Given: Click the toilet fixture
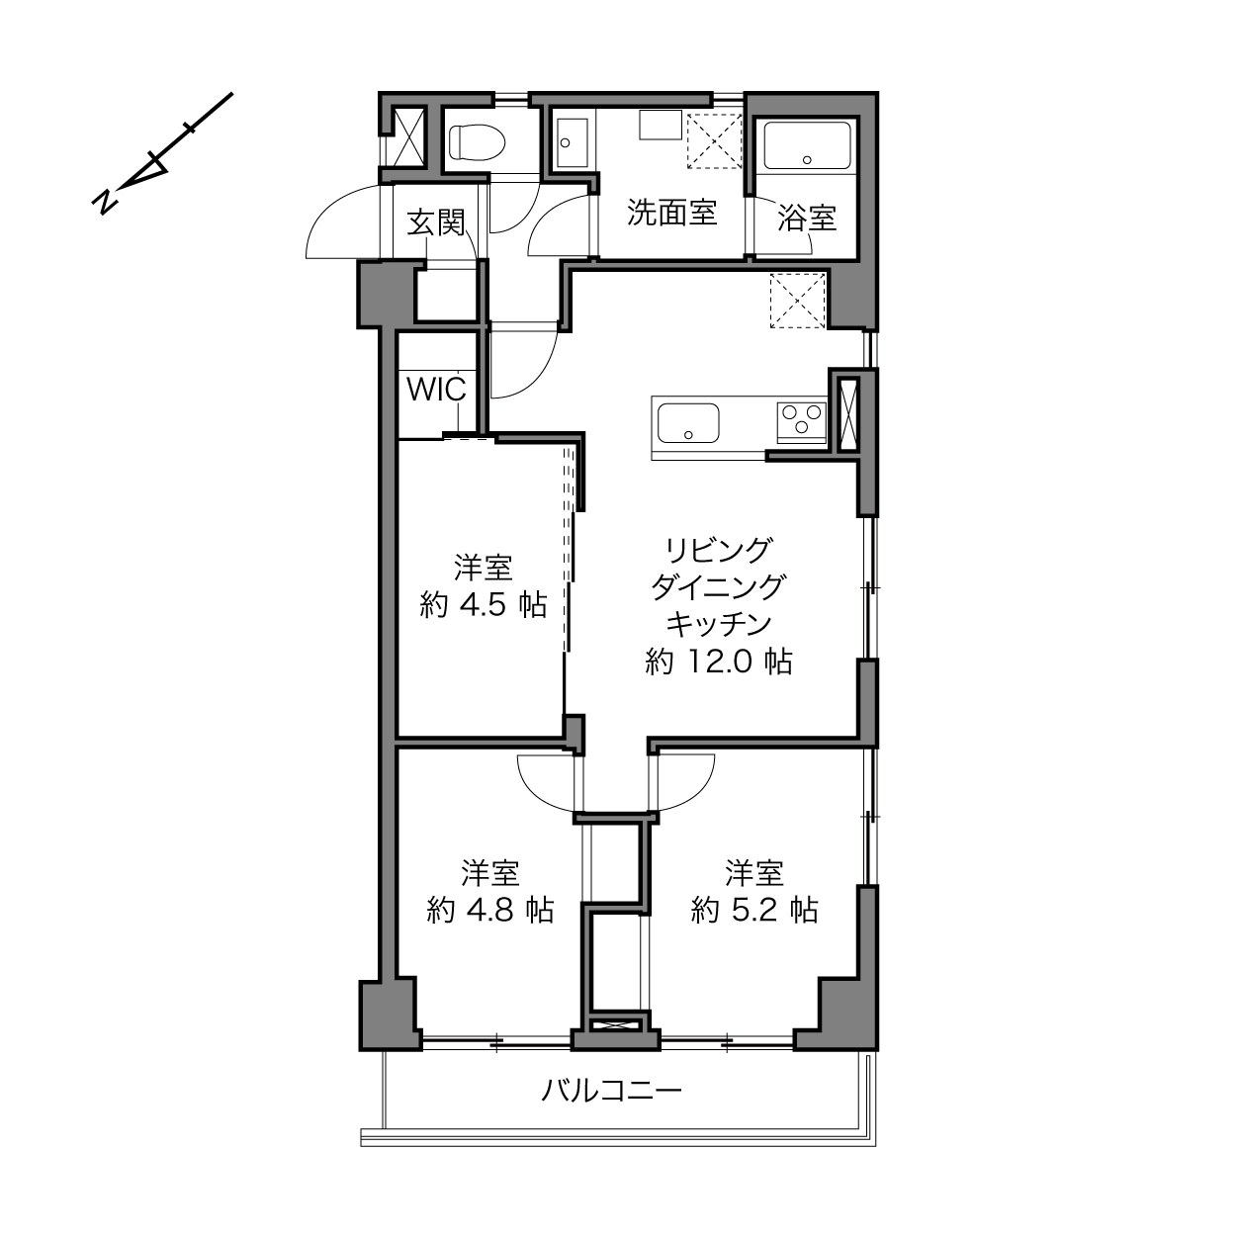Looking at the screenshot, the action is [478, 141].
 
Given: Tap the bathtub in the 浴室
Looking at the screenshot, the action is [807, 145].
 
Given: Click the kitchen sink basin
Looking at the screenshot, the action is [688, 423].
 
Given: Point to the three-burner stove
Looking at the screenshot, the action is [801, 422].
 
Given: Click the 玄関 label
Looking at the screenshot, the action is [436, 222].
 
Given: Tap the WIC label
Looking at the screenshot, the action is [436, 390].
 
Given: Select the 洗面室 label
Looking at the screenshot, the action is [672, 212].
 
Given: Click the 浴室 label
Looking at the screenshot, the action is [807, 219].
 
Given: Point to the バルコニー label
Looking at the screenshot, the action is [611, 1091].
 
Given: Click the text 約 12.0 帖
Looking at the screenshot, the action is [718, 662].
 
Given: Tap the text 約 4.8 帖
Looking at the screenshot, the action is [489, 911].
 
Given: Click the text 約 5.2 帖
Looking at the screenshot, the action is [754, 911].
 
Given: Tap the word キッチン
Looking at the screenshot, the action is [718, 624].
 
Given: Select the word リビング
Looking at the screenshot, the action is [718, 550].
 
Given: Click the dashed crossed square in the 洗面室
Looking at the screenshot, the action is [714, 141].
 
